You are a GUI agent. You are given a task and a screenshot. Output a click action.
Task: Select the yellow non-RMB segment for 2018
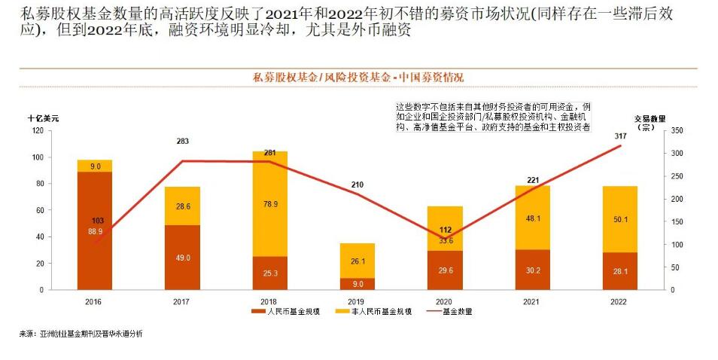pos(270,203)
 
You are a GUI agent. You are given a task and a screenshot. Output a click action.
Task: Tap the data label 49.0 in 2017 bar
pos(182,257)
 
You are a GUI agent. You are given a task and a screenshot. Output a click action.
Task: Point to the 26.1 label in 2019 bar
pos(357,261)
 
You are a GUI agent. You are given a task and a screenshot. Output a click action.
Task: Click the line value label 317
pos(619,136)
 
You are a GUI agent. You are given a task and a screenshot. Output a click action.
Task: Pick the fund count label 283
pos(182,141)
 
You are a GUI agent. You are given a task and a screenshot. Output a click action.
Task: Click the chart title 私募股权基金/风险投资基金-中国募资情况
pos(358,78)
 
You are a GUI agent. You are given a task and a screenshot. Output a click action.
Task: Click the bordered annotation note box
pos(493,117)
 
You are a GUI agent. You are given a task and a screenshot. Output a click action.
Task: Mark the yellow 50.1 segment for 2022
pos(620,219)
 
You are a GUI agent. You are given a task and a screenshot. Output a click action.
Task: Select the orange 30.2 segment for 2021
pos(533,270)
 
